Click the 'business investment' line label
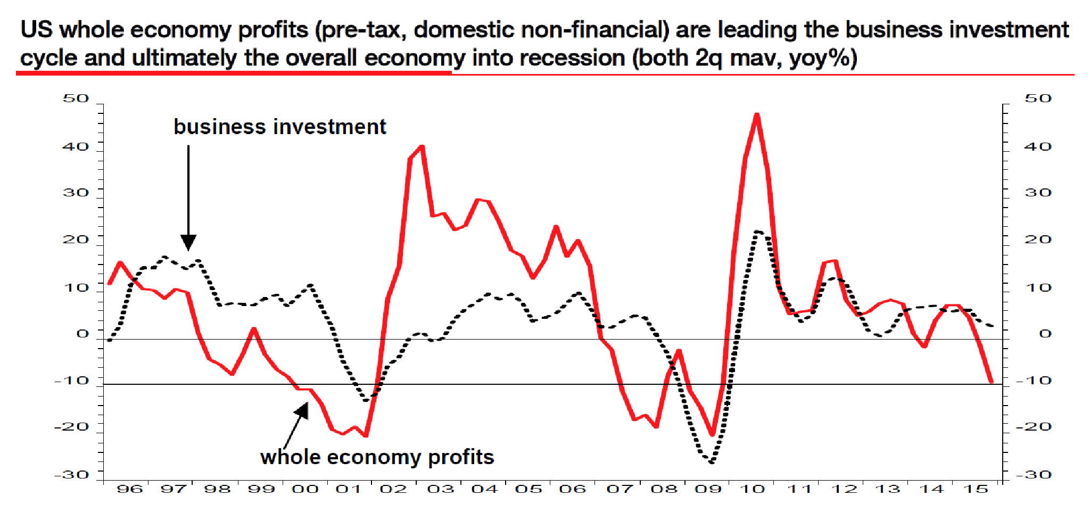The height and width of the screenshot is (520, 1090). coord(280,127)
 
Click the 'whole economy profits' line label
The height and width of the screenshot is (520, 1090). coord(377,457)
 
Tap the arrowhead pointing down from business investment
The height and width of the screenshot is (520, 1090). coord(188,242)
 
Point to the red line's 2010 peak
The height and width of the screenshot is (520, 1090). coord(757,114)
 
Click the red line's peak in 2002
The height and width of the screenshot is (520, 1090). coord(422,146)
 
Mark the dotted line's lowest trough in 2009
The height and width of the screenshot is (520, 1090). coord(712,462)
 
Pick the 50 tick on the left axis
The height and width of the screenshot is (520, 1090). coord(76,98)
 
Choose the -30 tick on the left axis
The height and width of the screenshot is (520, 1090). coord(72,474)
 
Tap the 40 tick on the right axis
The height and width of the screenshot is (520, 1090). coord(1038,146)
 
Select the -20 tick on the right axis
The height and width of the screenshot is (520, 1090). coord(1034,426)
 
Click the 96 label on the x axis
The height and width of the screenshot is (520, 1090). coord(129,489)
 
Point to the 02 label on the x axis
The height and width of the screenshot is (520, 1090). coord(393,489)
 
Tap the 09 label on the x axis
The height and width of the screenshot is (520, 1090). coord(708,489)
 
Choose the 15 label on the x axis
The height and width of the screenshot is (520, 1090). coord(976,489)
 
